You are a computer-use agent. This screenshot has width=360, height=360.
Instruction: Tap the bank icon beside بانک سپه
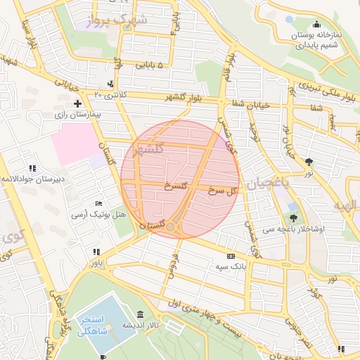[x=231, y=257]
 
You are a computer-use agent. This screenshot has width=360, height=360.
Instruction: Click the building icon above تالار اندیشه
[x=141, y=314]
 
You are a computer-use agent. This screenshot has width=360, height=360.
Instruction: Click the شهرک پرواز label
[x=120, y=20]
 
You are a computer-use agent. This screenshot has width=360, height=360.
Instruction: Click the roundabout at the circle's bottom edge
[x=170, y=227]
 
